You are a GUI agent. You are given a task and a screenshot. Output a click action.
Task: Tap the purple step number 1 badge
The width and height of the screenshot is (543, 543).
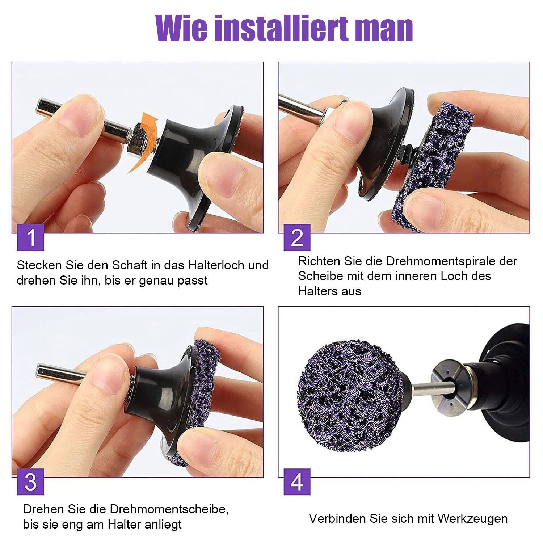click(x=31, y=237)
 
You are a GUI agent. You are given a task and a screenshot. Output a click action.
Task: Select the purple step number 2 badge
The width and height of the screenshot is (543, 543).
click(x=297, y=237)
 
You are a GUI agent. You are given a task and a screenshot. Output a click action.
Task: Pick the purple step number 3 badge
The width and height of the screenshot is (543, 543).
click(x=31, y=481)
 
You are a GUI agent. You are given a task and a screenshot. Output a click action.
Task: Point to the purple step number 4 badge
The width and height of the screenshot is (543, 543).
click(x=297, y=481)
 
